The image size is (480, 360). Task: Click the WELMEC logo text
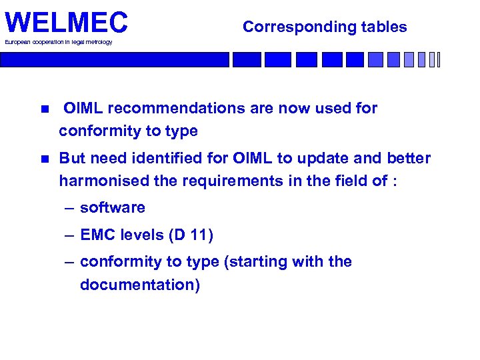tap(65, 23)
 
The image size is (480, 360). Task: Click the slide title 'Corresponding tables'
tap(325, 27)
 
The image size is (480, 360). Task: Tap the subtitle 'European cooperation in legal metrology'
tap(59, 42)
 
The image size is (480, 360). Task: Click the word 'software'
tap(112, 208)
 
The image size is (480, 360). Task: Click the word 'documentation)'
tap(139, 285)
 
